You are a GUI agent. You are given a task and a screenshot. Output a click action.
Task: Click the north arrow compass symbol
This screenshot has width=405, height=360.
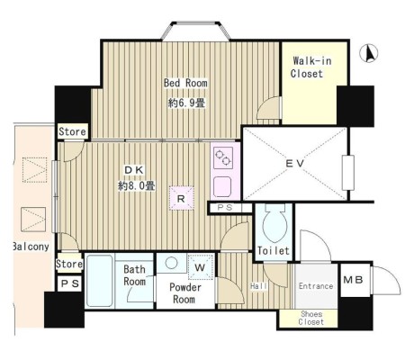coord(369,53)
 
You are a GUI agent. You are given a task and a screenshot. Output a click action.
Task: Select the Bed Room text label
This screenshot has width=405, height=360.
coord(185,83)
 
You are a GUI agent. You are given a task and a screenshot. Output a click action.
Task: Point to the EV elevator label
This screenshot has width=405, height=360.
coord(295,164)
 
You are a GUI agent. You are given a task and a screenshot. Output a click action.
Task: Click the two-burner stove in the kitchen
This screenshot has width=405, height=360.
coord(223,157)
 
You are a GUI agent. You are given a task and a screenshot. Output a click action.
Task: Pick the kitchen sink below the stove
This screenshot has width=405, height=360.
coord(222,187)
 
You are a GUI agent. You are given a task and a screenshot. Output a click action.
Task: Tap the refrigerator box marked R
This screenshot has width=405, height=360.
coord(181,198)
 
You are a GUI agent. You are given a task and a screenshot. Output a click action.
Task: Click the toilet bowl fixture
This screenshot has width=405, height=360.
coord(274,223)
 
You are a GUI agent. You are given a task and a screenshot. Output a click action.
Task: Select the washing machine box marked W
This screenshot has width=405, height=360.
coord(200,266)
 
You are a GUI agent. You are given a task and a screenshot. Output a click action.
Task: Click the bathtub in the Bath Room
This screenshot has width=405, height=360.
coord(99,281)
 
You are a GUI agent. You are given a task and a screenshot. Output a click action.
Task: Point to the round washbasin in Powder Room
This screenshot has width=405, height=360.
coord(171,263)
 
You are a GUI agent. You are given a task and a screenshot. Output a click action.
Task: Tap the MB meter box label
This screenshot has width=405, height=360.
coord(353,280)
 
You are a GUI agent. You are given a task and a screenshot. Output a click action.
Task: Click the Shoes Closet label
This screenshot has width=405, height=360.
coord(311,318)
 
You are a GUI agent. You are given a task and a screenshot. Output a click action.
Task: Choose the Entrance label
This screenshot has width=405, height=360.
coord(316,286)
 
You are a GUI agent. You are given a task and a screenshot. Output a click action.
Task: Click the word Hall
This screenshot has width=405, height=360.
coord(258,286)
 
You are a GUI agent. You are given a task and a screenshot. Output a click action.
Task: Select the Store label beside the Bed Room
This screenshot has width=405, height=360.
coord(72,131)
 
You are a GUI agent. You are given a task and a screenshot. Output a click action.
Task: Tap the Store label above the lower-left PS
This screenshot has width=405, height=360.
coord(69,264)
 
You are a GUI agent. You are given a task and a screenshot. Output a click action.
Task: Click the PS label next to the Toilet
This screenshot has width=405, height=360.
coord(225,207)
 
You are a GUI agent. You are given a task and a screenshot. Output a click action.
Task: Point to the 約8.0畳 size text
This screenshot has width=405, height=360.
coord(137,186)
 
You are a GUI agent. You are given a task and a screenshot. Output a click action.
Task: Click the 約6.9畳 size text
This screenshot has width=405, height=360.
coord(186,103)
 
